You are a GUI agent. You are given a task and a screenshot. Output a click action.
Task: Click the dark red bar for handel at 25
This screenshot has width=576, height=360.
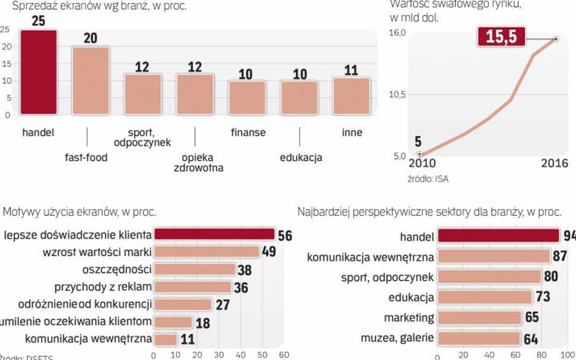38,72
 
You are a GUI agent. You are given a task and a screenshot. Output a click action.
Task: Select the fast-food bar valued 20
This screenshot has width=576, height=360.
90,80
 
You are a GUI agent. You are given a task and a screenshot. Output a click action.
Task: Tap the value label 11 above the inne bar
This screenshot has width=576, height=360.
351,70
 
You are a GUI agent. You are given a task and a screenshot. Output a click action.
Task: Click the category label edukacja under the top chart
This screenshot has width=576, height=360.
301,158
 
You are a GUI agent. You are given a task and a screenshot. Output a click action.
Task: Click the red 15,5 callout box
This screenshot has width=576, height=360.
501,36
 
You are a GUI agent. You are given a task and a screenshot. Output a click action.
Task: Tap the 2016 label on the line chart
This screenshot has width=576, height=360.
554,163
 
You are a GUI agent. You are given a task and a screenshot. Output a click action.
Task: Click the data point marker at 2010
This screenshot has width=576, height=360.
419,154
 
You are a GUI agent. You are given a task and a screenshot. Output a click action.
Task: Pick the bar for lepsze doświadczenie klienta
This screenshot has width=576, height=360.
214,234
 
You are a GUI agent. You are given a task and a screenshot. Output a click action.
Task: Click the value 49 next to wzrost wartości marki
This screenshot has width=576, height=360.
269,252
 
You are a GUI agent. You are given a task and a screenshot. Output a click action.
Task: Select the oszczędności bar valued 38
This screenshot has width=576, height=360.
194,269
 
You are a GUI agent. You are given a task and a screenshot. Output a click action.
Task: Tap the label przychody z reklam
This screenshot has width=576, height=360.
103,287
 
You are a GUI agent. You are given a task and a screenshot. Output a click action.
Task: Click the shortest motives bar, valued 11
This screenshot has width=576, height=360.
165,339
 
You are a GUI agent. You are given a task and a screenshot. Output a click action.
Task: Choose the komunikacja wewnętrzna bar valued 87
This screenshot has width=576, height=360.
493,257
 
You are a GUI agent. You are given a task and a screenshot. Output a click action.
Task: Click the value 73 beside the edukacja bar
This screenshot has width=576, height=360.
543,297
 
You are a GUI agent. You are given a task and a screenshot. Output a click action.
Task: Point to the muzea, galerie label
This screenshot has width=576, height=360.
397,338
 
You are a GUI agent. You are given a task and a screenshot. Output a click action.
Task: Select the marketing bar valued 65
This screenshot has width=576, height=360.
479,318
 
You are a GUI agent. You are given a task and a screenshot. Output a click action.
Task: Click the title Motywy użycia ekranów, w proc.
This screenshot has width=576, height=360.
80,212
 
